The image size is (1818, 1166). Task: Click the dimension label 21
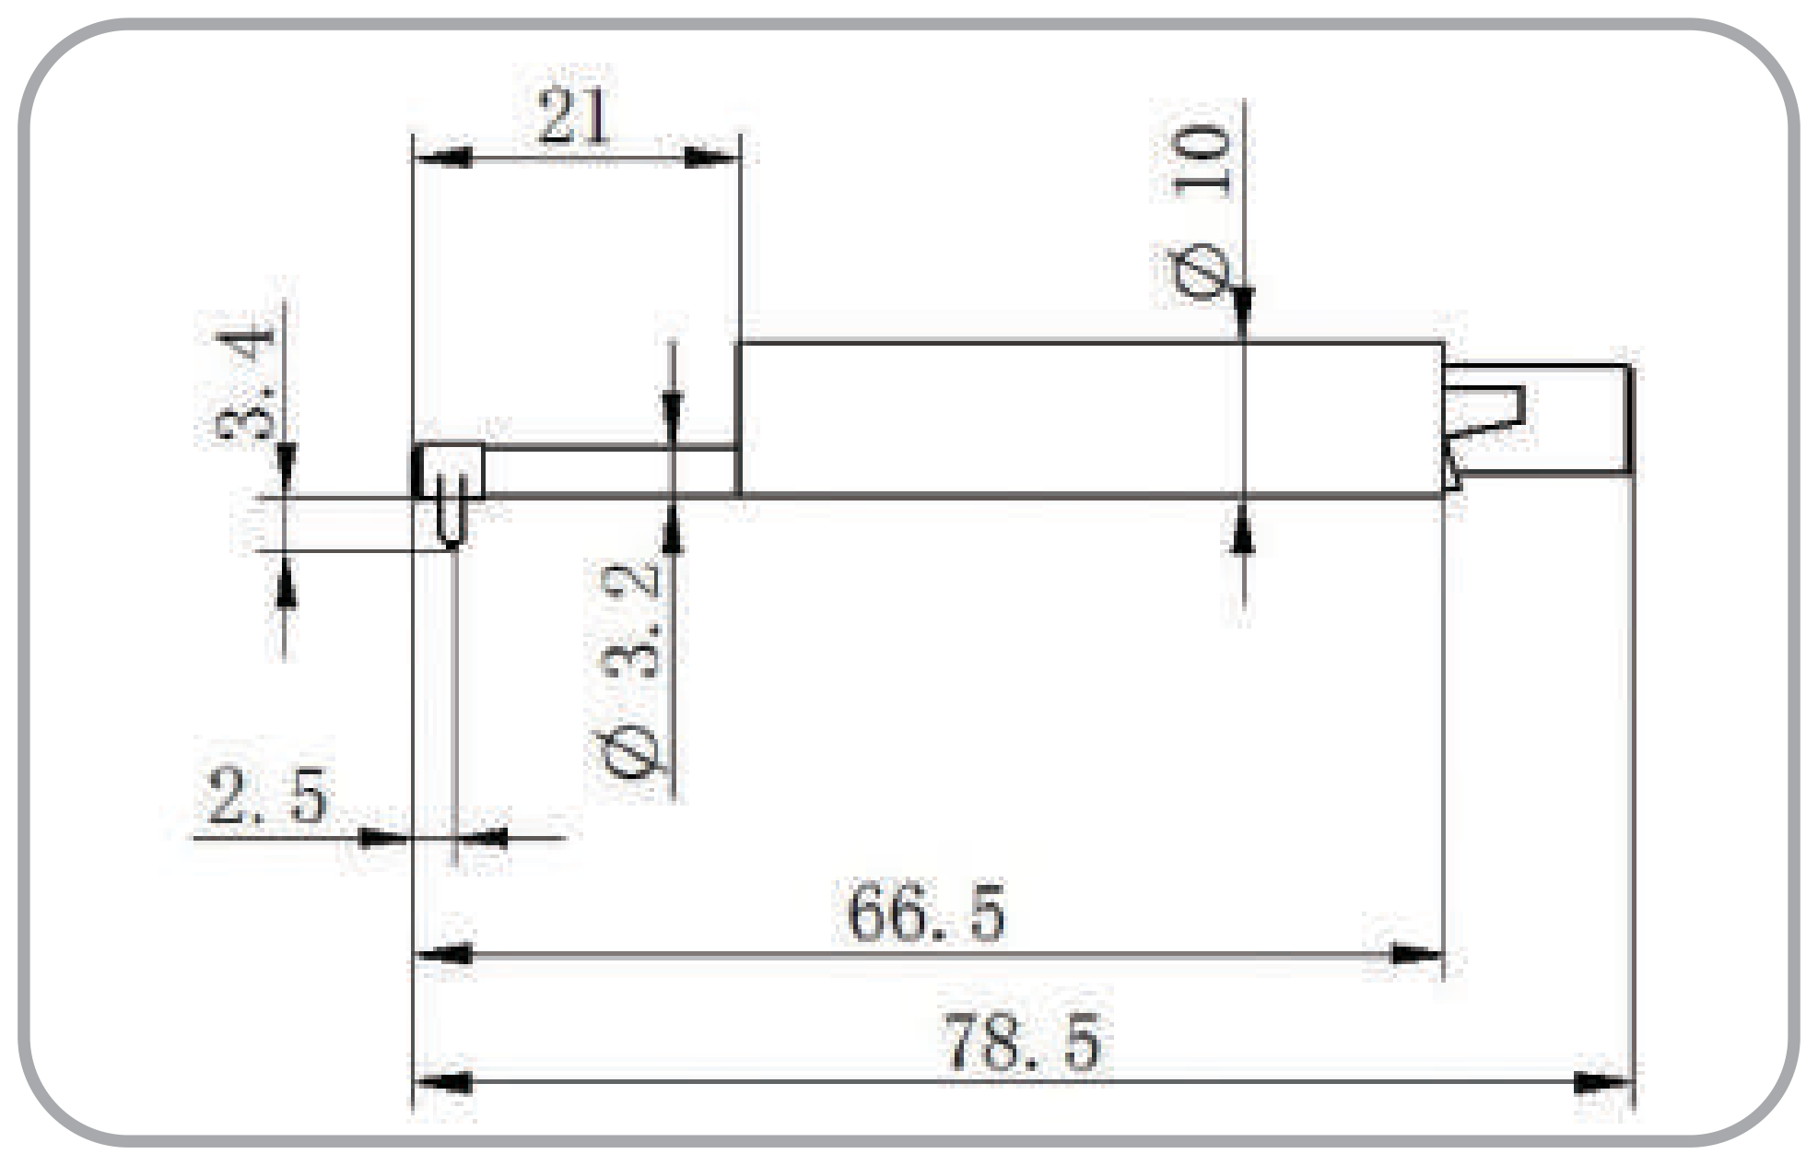click(x=573, y=116)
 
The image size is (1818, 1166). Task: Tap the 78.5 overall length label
click(x=1022, y=1042)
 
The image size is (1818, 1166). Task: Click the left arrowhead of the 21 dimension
click(x=443, y=158)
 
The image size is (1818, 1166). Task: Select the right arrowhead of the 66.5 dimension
click(x=1414, y=954)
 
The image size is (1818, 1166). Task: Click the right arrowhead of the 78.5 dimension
click(x=1602, y=1082)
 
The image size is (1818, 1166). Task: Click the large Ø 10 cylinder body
click(x=1090, y=419)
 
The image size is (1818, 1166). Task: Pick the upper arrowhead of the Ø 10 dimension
click(x=1243, y=313)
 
